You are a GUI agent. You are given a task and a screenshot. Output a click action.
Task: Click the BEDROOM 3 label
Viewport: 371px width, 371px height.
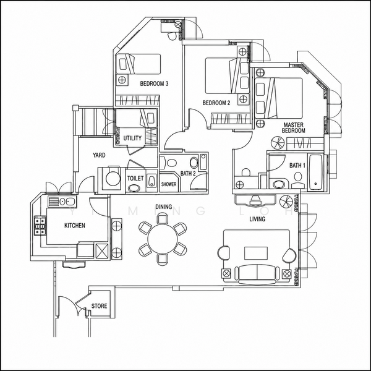pyautogui.click(x=154, y=83)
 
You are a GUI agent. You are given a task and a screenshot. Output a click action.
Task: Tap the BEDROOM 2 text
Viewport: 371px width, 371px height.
pyautogui.click(x=216, y=103)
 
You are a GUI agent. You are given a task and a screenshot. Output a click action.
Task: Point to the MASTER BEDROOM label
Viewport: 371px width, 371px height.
pyautogui.click(x=293, y=127)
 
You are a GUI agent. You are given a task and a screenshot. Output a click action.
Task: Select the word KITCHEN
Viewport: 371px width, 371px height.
pyautogui.click(x=75, y=226)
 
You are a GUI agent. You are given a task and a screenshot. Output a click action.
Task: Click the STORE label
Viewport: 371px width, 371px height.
pyautogui.click(x=99, y=306)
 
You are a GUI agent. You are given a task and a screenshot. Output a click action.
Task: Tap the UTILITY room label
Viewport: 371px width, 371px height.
pyautogui.click(x=132, y=138)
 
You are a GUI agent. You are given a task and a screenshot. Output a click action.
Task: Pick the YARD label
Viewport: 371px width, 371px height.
pyautogui.click(x=99, y=155)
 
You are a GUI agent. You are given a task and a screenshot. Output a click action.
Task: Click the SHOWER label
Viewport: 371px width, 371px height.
pyautogui.click(x=169, y=184)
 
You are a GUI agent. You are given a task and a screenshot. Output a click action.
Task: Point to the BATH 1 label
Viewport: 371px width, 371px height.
pyautogui.click(x=297, y=165)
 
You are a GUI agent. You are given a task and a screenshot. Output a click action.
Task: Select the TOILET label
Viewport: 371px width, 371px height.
pyautogui.click(x=135, y=178)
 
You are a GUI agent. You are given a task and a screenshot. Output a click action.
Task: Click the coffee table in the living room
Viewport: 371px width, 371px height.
pyautogui.click(x=256, y=253)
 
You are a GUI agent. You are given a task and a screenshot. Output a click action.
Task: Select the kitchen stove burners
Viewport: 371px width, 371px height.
pyautogui.click(x=40, y=226)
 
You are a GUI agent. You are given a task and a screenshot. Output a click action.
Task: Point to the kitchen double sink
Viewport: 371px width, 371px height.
pyautogui.click(x=67, y=202)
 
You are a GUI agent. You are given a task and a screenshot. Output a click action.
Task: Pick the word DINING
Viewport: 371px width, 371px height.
pyautogui.click(x=163, y=207)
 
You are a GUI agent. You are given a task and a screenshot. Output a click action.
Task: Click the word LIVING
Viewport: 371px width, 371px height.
pyautogui.click(x=257, y=219)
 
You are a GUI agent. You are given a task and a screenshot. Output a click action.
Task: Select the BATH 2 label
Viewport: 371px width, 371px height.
pyautogui.click(x=188, y=173)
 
